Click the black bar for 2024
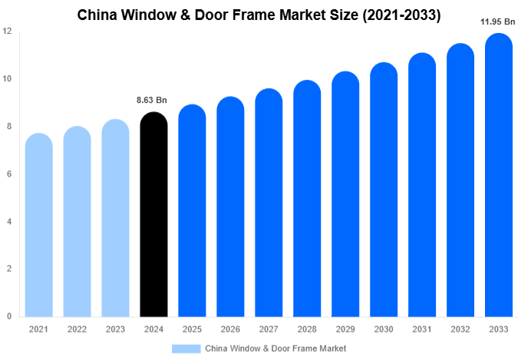153,219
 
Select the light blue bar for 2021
38,226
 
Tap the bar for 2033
498,177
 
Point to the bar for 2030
384,192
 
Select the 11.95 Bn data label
497,21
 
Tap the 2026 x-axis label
230,329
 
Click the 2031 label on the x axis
421,329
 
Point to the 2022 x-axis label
77,329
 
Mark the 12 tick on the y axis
7,31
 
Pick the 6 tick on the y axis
9,174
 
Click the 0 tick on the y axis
9,316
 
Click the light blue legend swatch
186,348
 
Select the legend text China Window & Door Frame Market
275,348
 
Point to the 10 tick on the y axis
7,79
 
